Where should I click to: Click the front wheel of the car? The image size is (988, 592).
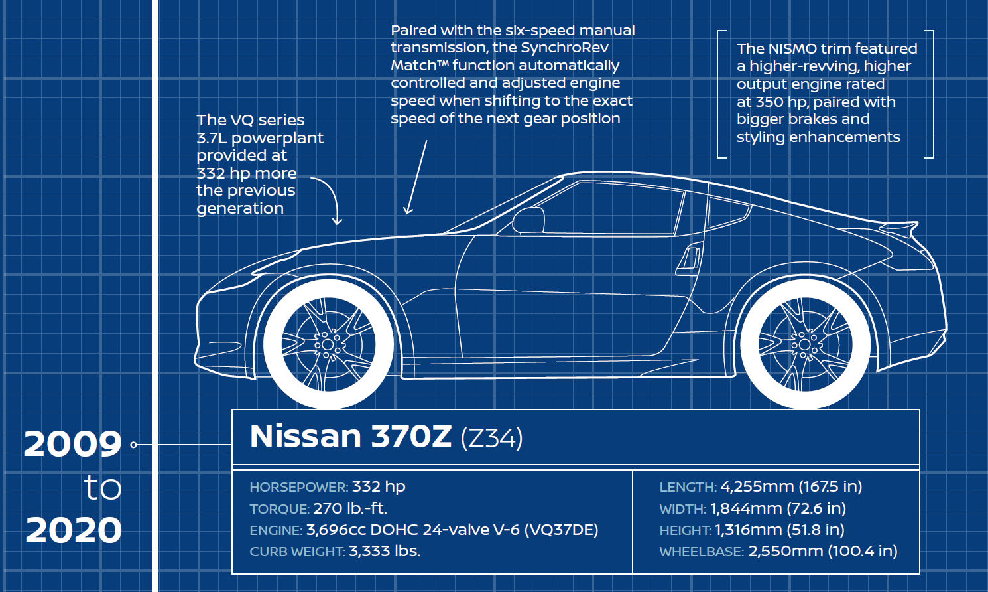(328, 344)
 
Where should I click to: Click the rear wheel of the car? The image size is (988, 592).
(805, 344)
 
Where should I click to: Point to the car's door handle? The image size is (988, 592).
(690, 259)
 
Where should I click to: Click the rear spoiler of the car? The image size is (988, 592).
(902, 229)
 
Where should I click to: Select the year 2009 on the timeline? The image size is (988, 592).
(73, 444)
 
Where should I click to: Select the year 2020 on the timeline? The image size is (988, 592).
(74, 530)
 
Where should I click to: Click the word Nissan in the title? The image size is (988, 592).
(306, 437)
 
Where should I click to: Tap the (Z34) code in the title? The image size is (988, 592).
(491, 438)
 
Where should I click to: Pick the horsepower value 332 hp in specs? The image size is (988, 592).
(379, 486)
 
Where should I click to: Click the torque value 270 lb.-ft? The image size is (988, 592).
(350, 508)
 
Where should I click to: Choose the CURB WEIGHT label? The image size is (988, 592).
(297, 552)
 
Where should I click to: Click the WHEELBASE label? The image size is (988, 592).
(702, 552)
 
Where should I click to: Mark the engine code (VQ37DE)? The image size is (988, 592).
(561, 530)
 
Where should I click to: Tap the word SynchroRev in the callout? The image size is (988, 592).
(564, 48)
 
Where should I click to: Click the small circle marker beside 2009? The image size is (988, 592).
(133, 445)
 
